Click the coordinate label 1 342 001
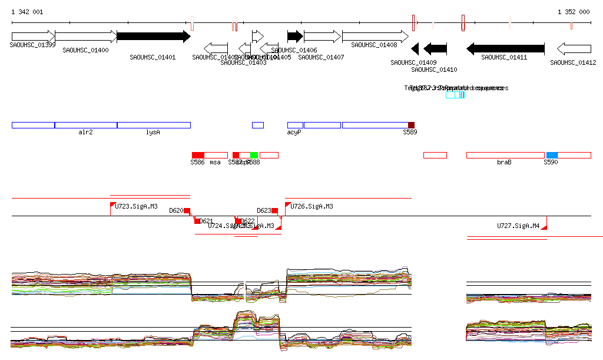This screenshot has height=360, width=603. pos(27,12)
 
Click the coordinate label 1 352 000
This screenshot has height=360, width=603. pos(574,12)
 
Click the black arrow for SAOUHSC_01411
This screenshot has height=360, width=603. pos(505,48)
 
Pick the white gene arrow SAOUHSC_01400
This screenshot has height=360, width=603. pos(86,37)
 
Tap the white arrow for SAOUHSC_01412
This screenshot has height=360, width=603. pos(574,48)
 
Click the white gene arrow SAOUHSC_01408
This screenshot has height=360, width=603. pos(374,37)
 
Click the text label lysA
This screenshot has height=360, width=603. pos(153,133)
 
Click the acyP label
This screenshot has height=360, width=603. pos(294,133)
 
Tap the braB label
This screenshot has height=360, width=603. pos(504,162)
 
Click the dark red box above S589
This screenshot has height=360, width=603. pos(412,125)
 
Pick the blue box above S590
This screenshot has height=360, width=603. pos(551,155)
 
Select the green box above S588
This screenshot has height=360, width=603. pos(254,155)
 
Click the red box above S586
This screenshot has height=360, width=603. pos(198,155)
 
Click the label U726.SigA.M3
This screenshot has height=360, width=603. pos(312,207)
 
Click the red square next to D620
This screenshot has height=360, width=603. pos(187,210)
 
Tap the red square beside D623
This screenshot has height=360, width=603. pos(274,210)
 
